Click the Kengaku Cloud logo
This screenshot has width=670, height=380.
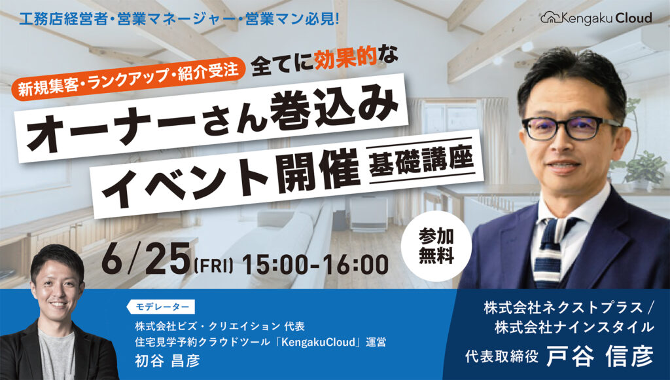[597, 18]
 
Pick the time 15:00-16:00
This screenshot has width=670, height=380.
[315, 264]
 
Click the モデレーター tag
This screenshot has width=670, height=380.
[161, 307]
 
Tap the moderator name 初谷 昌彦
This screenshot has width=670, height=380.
[167, 360]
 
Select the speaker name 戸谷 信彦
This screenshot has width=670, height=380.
[600, 356]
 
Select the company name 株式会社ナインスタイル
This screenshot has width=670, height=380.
[574, 328]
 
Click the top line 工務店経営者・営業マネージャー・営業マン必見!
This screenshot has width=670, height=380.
[179, 19]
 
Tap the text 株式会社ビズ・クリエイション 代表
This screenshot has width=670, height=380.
[220, 326]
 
